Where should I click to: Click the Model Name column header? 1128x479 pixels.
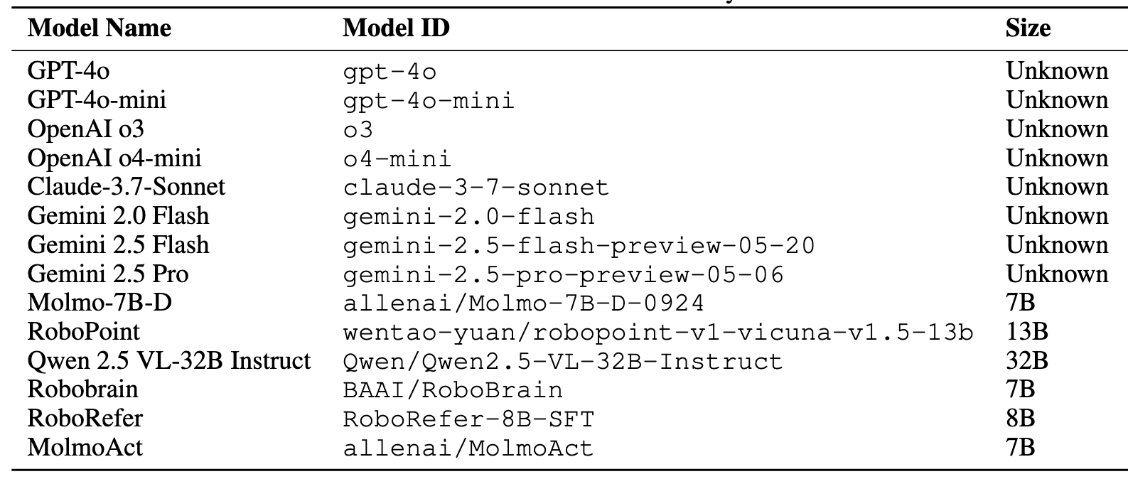pyautogui.click(x=99, y=28)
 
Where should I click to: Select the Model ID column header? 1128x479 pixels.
pyautogui.click(x=396, y=28)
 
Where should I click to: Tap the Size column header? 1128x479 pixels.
pyautogui.click(x=1028, y=28)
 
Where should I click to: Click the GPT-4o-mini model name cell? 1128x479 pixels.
pyautogui.click(x=97, y=100)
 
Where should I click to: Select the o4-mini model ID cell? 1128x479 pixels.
pyautogui.click(x=397, y=158)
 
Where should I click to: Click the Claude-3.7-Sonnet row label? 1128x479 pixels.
pyautogui.click(x=126, y=187)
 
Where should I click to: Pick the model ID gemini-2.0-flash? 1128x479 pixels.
pyautogui.click(x=469, y=216)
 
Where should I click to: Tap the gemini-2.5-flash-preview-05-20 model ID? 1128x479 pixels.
pyautogui.click(x=579, y=245)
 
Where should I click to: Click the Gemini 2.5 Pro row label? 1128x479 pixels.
pyautogui.click(x=108, y=274)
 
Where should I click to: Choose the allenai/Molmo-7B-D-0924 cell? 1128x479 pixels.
pyautogui.click(x=524, y=303)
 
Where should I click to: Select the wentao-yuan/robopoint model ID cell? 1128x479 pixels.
pyautogui.click(x=657, y=332)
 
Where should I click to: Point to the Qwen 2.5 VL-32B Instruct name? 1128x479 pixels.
pyautogui.click(x=169, y=361)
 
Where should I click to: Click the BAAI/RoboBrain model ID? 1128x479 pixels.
pyautogui.click(x=453, y=390)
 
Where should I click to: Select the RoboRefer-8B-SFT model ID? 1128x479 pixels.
pyautogui.click(x=468, y=419)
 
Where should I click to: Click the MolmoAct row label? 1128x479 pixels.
pyautogui.click(x=85, y=448)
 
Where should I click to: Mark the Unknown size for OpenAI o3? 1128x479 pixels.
pyautogui.click(x=1056, y=129)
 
